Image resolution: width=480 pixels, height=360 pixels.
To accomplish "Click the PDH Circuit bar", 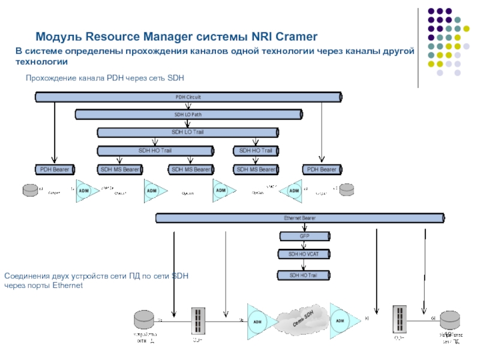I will point(188,96).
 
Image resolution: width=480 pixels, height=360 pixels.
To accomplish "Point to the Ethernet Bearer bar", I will point(300,218).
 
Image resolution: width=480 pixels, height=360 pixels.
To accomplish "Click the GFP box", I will point(304,236).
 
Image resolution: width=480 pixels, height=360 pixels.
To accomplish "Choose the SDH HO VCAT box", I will point(304,254).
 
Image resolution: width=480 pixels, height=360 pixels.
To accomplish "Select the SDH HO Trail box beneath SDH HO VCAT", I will point(304,275).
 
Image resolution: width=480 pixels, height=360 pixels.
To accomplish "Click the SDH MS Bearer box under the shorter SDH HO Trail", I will point(256,170).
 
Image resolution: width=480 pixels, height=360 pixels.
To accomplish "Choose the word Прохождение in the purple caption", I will point(51,78).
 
